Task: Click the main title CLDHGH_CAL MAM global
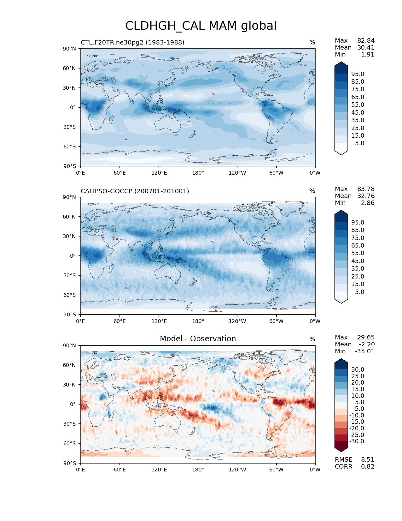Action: [x=201, y=26]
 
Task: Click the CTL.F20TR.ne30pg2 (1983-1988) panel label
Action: [x=132, y=42]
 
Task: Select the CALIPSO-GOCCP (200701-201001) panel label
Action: [x=135, y=191]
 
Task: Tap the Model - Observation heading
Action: [x=198, y=339]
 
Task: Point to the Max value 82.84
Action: [x=366, y=41]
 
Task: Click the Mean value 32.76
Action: [x=366, y=196]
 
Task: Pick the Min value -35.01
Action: [x=364, y=351]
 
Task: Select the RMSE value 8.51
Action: [x=368, y=460]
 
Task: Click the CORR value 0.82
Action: [x=368, y=467]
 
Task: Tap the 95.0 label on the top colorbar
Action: [x=358, y=74]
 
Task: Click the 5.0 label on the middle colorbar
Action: [x=359, y=292]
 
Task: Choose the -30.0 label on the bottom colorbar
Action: [x=357, y=441]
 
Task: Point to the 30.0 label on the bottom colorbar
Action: [x=358, y=370]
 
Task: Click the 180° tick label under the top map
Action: [x=198, y=173]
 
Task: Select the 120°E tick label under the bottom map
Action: [x=159, y=470]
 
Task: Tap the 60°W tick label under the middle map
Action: [x=276, y=321]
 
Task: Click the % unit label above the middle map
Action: [x=312, y=191]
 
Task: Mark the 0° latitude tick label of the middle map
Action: [x=73, y=256]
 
